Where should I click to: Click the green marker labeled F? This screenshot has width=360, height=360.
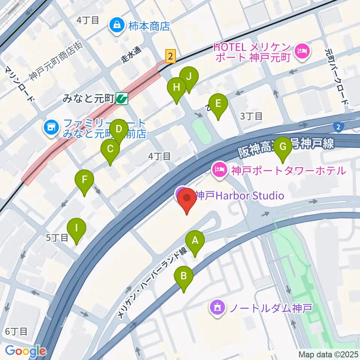(x=85, y=181)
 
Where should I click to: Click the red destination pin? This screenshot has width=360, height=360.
(x=186, y=199)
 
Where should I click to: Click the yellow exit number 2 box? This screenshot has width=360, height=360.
(x=171, y=57)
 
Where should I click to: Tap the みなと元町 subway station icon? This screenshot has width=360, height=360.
(x=122, y=99)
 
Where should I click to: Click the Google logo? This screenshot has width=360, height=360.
(x=25, y=351)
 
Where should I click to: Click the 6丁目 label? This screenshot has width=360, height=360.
(x=16, y=331)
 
